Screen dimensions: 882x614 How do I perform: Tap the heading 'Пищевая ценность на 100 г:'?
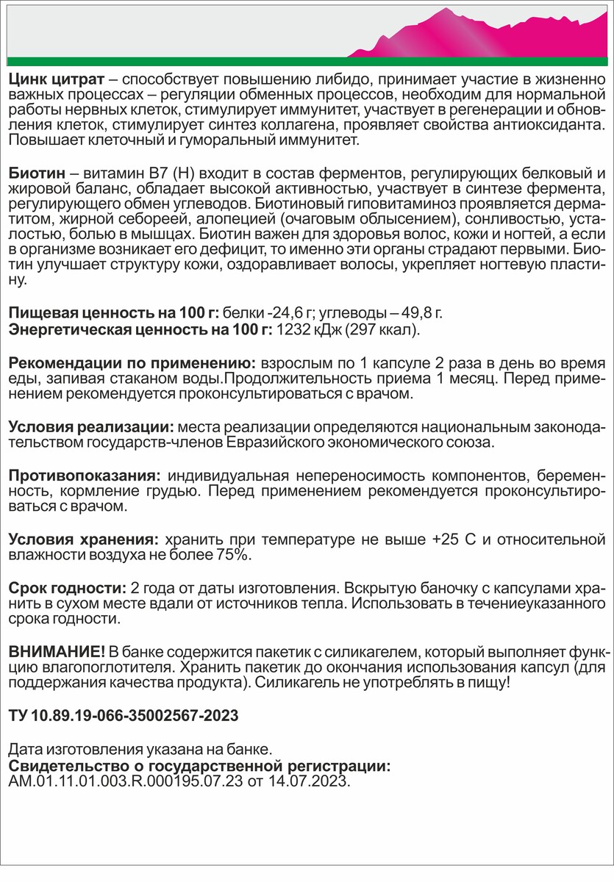pyautogui.click(x=113, y=315)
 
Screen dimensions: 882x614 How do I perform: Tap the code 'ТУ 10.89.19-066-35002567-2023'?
pyautogui.click(x=124, y=715)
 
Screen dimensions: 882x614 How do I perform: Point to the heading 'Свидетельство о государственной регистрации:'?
pyautogui.click(x=199, y=765)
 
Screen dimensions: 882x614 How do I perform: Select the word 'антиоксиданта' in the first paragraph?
pyautogui.click(x=552, y=126)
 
